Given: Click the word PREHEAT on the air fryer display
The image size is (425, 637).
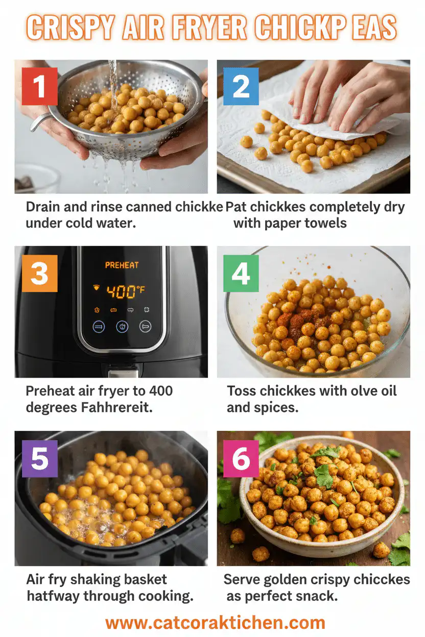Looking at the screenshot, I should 122,265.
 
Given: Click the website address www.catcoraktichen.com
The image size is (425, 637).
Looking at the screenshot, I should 215,622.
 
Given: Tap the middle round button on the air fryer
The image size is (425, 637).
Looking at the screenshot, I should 122,327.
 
